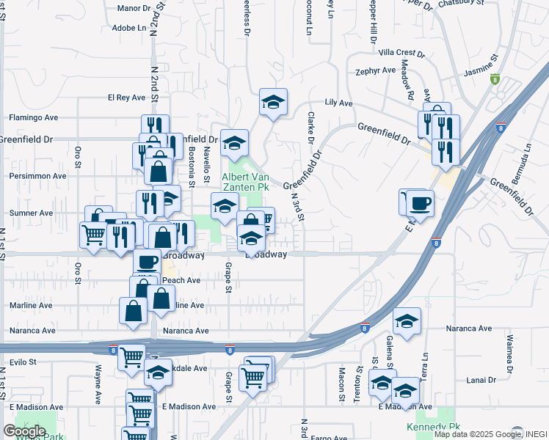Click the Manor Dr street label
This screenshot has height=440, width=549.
tap(134, 9)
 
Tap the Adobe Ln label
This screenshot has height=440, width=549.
tap(129, 28)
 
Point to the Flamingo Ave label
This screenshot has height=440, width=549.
tap(33, 117)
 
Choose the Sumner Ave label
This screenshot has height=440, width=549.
tap(31, 213)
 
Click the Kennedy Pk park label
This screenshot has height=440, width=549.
tap(433, 426)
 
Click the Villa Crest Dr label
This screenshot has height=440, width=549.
tap(401, 53)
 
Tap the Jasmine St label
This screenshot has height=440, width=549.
tap(481, 67)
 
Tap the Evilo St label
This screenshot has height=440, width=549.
tap(23, 362)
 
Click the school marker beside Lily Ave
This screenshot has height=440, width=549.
tap(273, 103)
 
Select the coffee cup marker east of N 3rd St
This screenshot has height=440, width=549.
tap(419, 202)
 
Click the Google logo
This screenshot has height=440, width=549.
tap(24, 430)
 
